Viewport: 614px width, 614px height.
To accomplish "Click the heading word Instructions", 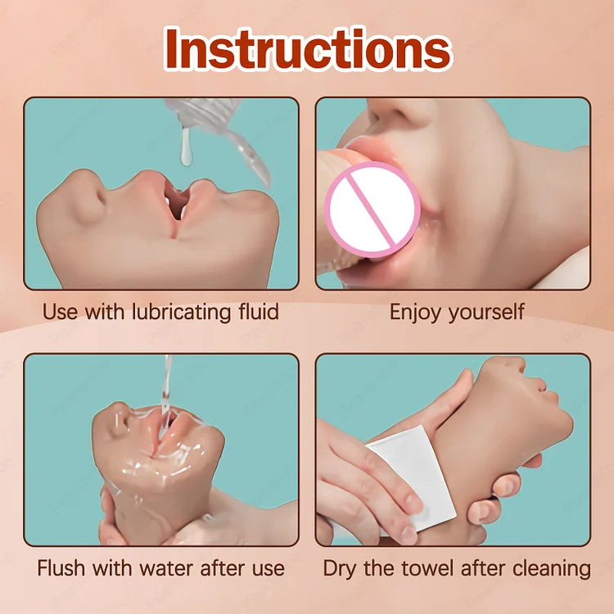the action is [308, 49].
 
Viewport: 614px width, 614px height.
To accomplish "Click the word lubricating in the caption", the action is [181, 313].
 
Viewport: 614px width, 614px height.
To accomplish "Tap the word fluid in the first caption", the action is [259, 311].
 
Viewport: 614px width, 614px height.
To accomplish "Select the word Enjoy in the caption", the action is [416, 313].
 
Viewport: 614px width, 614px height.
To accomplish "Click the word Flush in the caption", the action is [61, 568].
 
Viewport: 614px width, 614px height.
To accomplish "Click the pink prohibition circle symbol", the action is [372, 210].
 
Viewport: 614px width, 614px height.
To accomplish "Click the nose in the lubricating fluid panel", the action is [89, 198].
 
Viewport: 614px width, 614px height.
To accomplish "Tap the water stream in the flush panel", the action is [166, 388].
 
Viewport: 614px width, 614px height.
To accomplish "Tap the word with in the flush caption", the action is [111, 568].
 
